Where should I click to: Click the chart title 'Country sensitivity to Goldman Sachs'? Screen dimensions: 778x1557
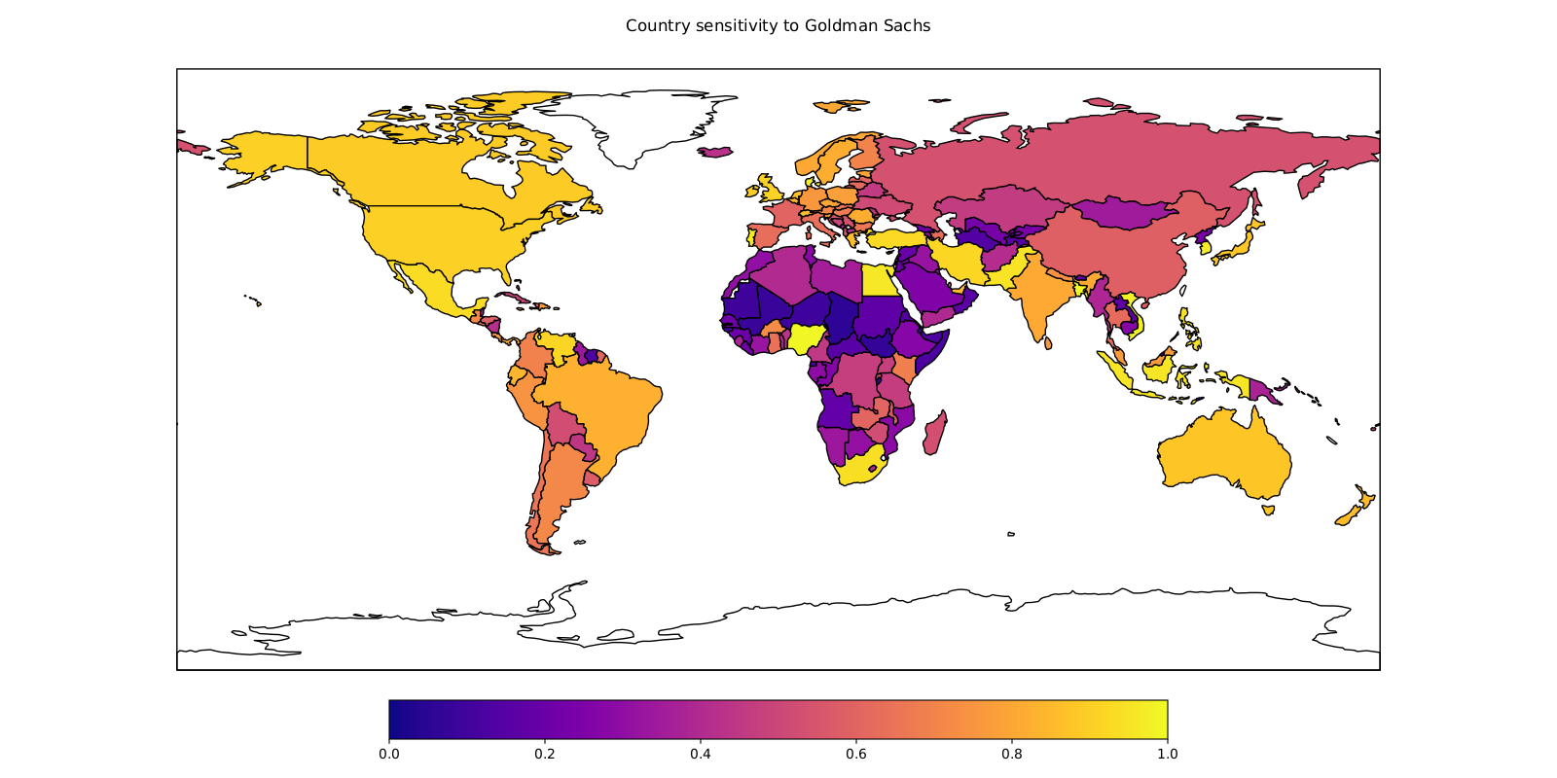[778, 26]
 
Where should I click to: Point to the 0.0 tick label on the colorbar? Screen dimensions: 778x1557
[388, 754]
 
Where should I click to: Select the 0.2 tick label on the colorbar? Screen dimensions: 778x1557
[544, 754]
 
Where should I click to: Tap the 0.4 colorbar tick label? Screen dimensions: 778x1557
[700, 754]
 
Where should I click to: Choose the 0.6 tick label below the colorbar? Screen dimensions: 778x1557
[855, 754]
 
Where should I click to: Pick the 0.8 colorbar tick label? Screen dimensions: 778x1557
[1011, 754]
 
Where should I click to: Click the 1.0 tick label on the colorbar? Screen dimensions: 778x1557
[1167, 754]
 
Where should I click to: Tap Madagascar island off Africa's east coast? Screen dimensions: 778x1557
[934, 433]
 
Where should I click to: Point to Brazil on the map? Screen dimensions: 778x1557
[603, 399]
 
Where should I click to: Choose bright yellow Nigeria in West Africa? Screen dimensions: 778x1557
[808, 337]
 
